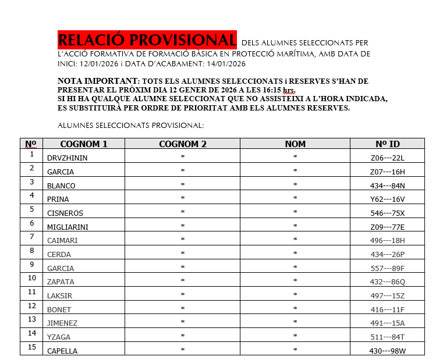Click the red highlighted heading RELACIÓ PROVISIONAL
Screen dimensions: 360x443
click(x=147, y=40)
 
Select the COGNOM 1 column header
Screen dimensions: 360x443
click(x=84, y=144)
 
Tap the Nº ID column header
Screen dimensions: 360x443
click(x=387, y=144)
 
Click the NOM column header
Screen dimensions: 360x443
click(x=295, y=144)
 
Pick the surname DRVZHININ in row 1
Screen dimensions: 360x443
click(x=67, y=158)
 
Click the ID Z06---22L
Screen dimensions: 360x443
click(x=387, y=158)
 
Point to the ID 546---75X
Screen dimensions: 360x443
click(x=387, y=213)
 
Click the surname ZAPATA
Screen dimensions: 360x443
click(x=61, y=282)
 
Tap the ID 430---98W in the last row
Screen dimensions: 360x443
click(x=387, y=351)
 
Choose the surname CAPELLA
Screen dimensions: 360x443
click(x=62, y=351)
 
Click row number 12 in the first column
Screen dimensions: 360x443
click(x=32, y=306)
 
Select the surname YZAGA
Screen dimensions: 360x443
click(x=59, y=337)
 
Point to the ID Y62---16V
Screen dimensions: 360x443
click(x=387, y=199)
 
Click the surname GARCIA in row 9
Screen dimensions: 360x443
click(x=61, y=268)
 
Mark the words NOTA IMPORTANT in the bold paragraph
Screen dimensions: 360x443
click(x=98, y=81)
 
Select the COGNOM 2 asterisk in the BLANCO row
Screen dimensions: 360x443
click(x=182, y=186)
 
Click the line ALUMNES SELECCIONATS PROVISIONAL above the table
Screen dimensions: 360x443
click(x=130, y=125)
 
